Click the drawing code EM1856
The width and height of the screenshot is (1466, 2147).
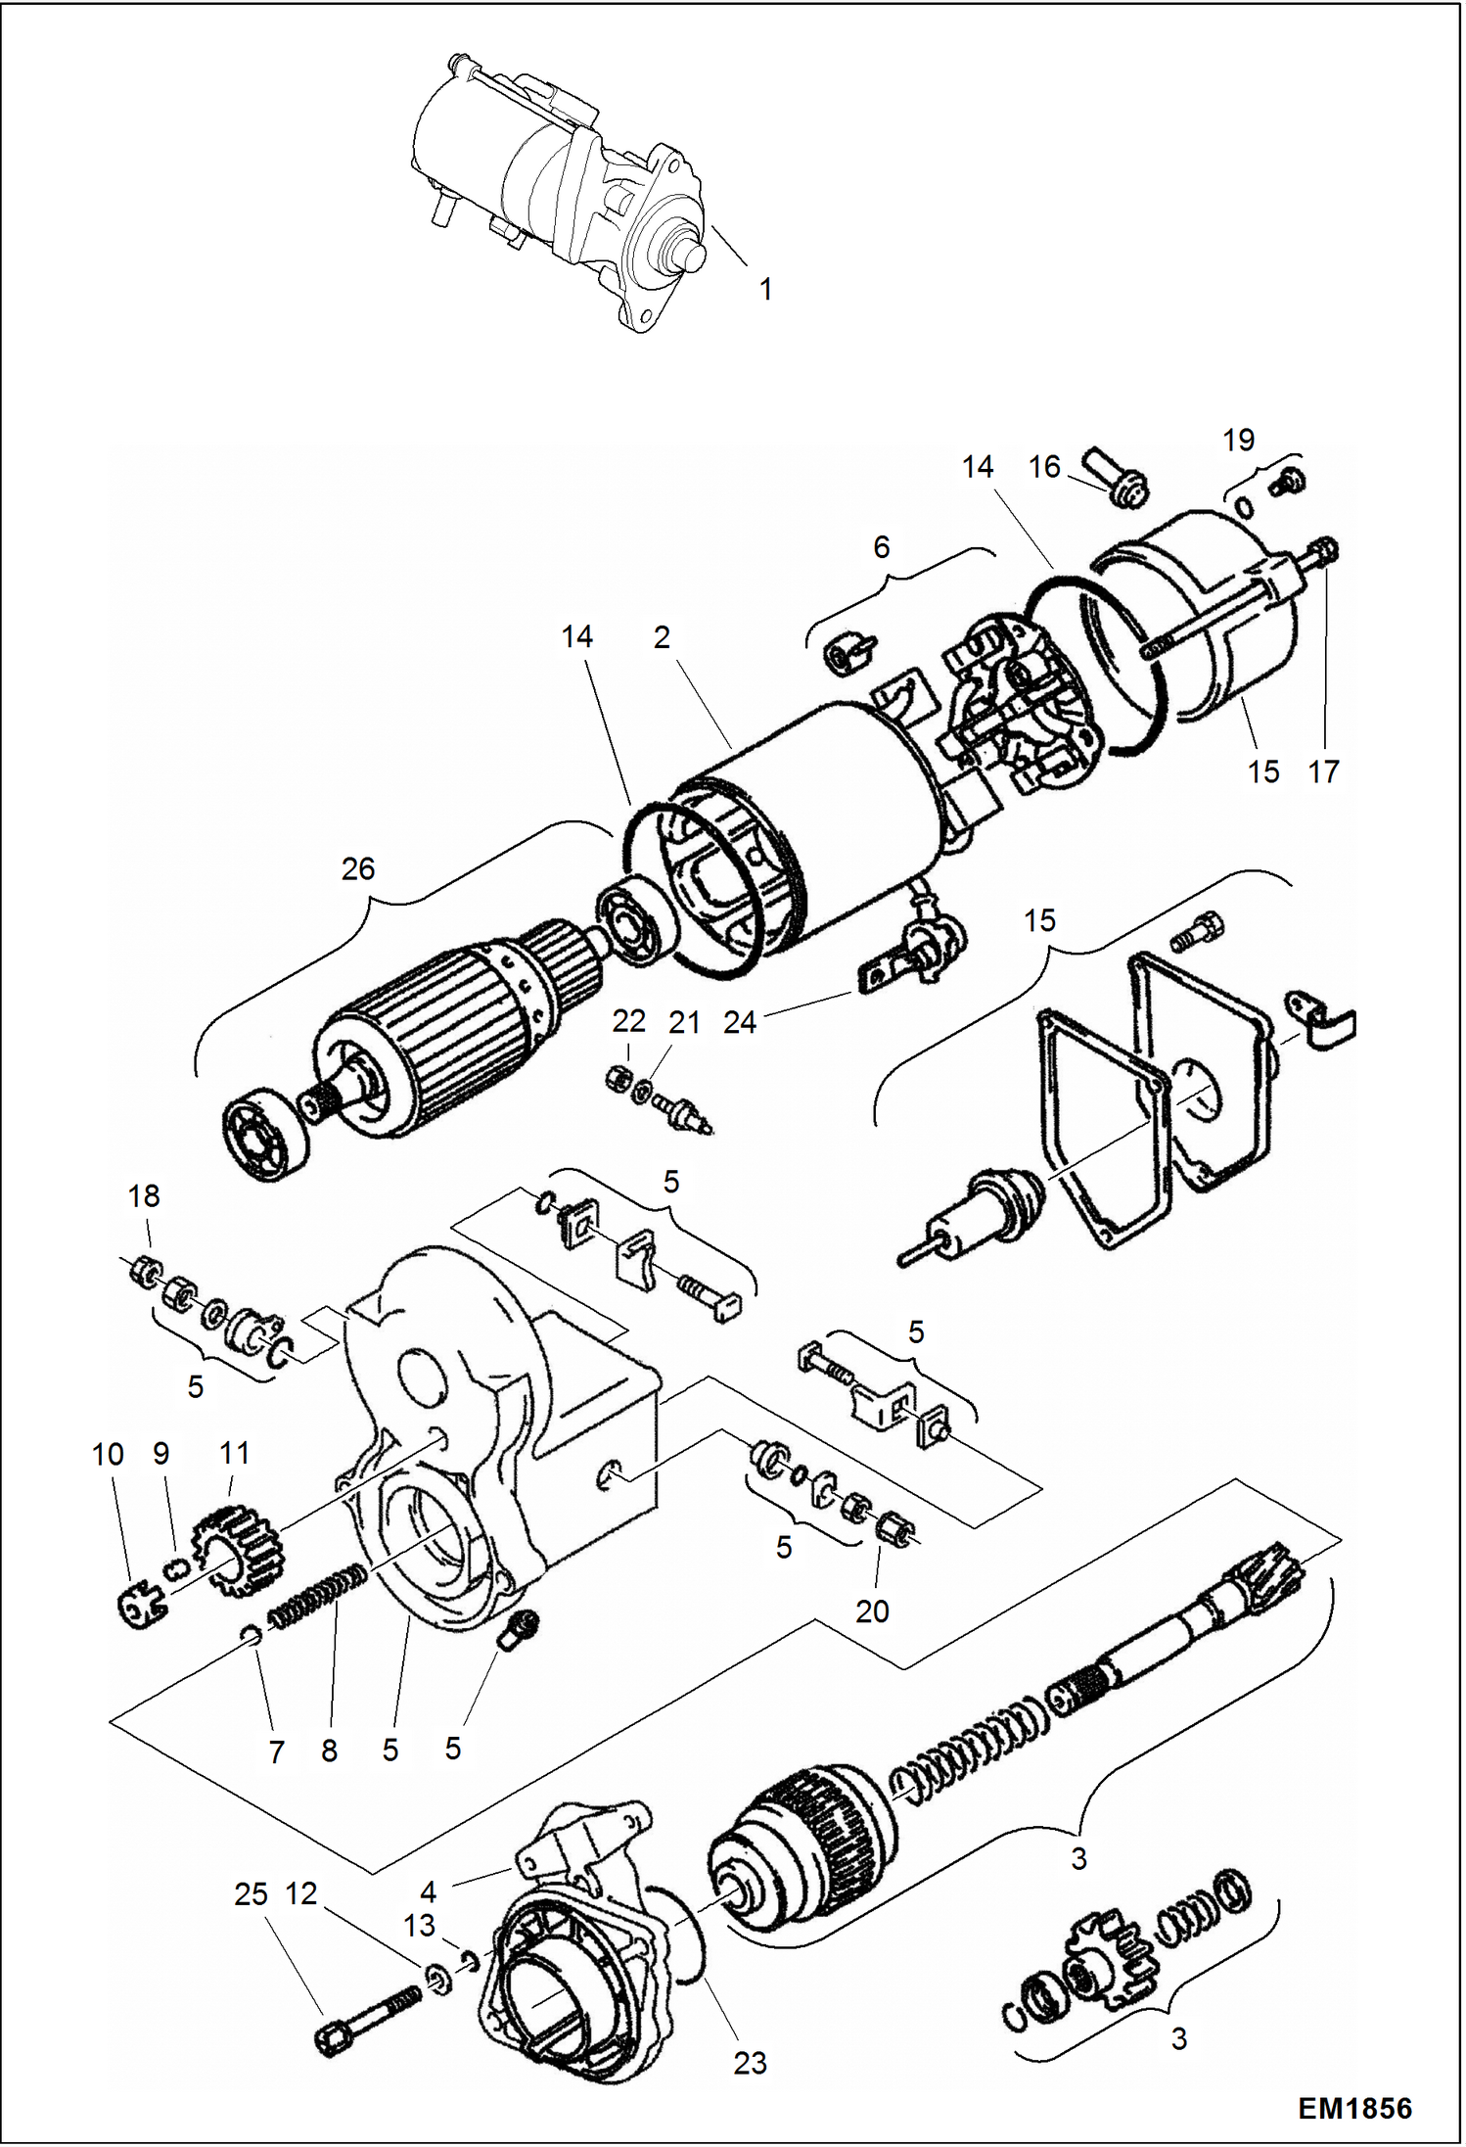click(x=1354, y=2107)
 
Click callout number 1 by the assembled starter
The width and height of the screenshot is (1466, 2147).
click(x=765, y=289)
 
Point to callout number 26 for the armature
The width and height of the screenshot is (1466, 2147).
click(x=357, y=868)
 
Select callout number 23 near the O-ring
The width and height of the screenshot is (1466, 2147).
click(x=750, y=2063)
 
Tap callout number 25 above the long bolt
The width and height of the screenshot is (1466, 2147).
click(x=251, y=1893)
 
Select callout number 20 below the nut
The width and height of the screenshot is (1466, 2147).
click(x=871, y=1610)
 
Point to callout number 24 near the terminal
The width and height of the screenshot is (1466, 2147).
click(x=740, y=1022)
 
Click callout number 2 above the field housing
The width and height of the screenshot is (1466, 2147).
click(x=662, y=637)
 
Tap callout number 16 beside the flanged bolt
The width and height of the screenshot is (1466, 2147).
click(x=1044, y=467)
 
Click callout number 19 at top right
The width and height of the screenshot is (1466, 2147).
click(x=1238, y=440)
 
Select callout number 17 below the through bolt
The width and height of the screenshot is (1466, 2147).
click(x=1322, y=771)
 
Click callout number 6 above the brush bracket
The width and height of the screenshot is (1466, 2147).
click(x=881, y=546)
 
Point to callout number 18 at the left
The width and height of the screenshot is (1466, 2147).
click(x=144, y=1195)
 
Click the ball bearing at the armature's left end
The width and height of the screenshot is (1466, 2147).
click(x=264, y=1133)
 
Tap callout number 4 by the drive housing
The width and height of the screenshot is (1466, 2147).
click(x=428, y=1891)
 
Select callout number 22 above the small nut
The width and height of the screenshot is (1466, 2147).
click(x=628, y=1021)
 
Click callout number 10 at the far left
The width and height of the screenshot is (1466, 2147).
click(x=108, y=1454)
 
